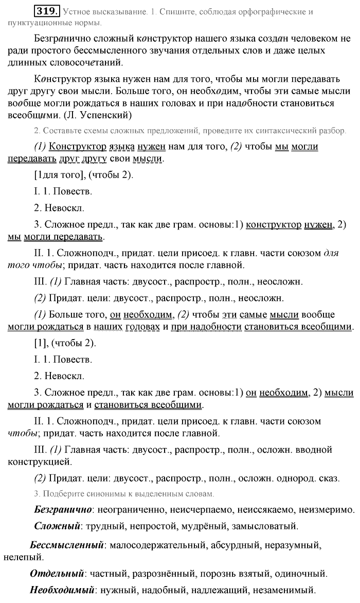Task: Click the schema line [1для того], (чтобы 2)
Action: (83, 175)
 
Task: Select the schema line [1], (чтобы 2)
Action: (64, 343)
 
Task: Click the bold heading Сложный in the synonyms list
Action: (57, 526)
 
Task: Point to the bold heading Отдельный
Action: (57, 574)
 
